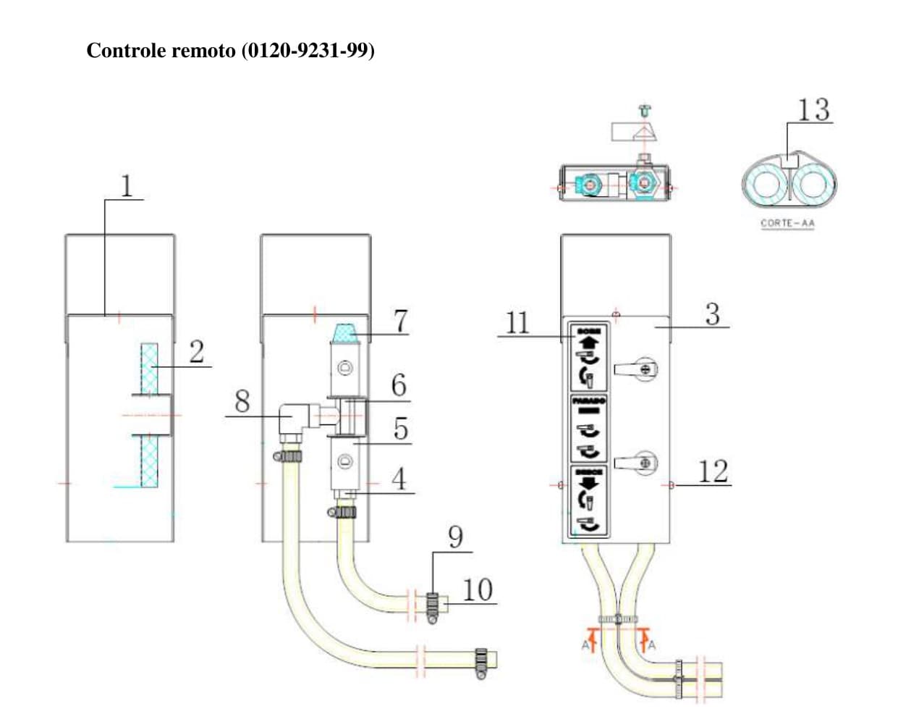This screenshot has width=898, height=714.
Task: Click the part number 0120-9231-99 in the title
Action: [308, 51]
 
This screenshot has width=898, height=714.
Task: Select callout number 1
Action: [127, 185]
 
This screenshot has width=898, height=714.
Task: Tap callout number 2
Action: [196, 352]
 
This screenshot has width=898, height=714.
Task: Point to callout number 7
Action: [400, 320]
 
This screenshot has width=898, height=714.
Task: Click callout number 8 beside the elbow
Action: [242, 401]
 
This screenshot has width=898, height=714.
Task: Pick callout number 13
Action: [813, 110]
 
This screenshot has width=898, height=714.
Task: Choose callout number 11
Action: [517, 322]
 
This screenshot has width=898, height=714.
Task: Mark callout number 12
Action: [712, 471]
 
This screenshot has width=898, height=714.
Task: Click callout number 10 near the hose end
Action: [477, 590]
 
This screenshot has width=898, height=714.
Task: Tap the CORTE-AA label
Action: [787, 223]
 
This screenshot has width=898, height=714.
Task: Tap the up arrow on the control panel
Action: [588, 342]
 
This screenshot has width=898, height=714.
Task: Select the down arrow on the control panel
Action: [588, 482]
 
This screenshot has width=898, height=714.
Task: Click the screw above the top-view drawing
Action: [644, 110]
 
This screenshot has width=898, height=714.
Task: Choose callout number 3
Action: [712, 315]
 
